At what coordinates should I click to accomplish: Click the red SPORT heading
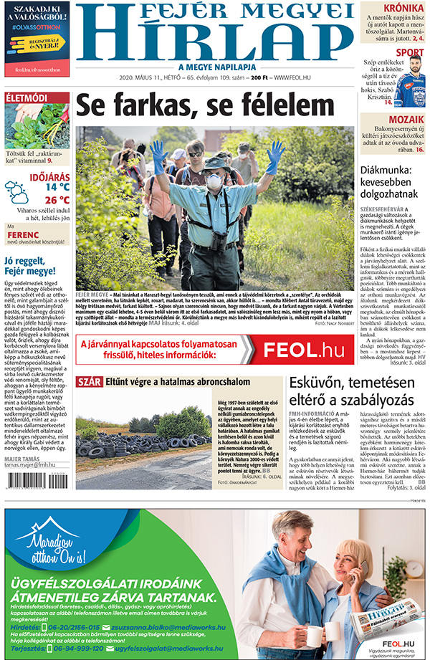(409, 52)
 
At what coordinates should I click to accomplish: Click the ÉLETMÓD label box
(27, 97)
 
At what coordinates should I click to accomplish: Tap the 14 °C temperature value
(57, 187)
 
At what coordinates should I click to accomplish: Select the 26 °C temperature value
(57, 200)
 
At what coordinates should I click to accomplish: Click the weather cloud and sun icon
(16, 191)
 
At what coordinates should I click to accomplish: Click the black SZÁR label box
(89, 382)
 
